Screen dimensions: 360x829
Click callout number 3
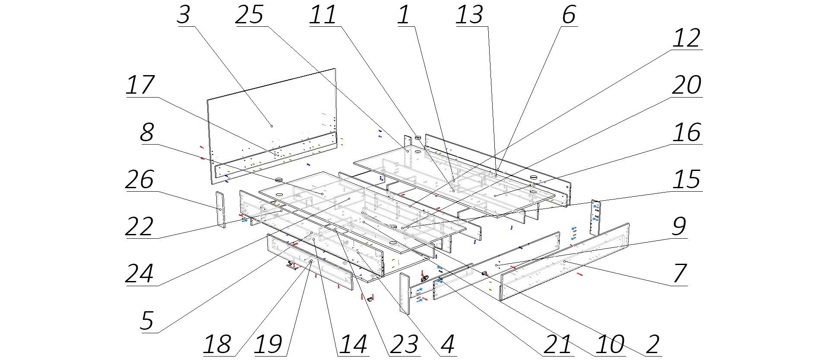(184, 15)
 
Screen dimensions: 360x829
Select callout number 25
(250, 15)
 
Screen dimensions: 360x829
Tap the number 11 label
(323, 15)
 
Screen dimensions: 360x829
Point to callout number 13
(469, 15)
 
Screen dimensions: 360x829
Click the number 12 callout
(687, 39)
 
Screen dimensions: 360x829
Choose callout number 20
(687, 85)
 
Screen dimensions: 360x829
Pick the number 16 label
(687, 133)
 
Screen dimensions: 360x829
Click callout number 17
(140, 85)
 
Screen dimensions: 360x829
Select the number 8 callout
(147, 133)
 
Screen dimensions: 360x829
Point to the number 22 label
(140, 227)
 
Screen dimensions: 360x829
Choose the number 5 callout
(147, 321)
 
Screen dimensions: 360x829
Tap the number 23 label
(405, 344)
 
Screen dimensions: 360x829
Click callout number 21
(558, 344)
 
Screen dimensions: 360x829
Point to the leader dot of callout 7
(564, 262)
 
